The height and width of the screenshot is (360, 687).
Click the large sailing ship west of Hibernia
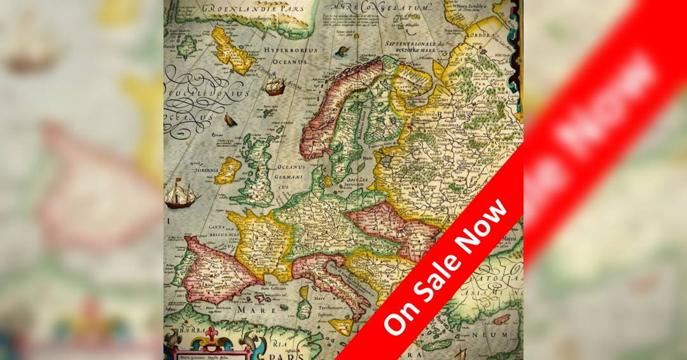click(180, 193)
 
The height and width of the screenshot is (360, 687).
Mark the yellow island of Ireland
click(227, 170)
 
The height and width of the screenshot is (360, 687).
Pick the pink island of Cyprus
click(501, 319)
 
